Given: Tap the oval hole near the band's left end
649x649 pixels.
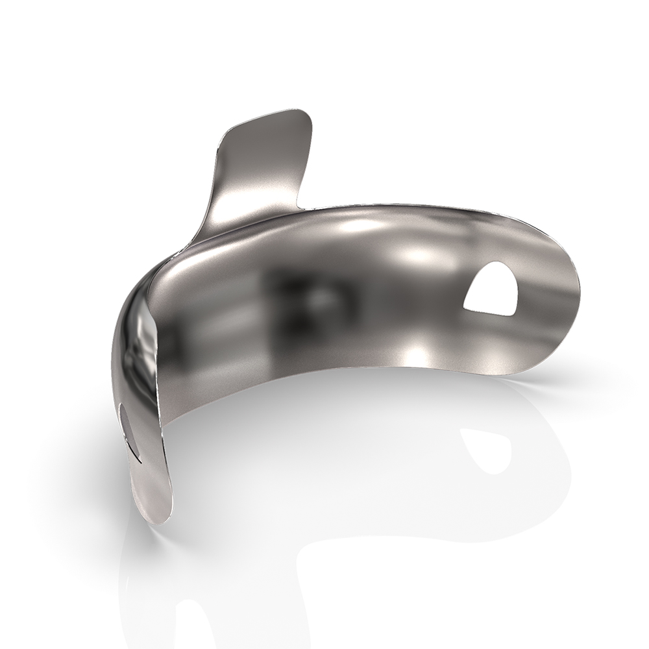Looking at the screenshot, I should pyautogui.click(x=129, y=425).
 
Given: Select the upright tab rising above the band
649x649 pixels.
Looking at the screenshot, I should pyautogui.click(x=260, y=169).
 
